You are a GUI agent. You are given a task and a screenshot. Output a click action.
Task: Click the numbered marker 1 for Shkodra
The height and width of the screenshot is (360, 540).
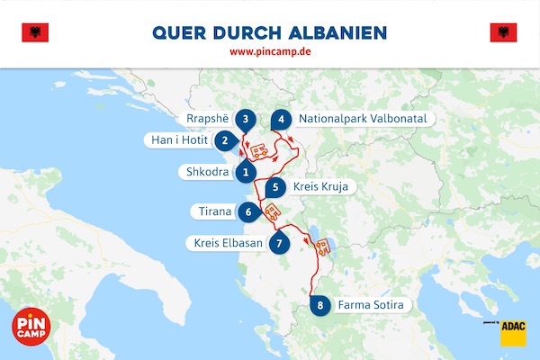pos(245,170)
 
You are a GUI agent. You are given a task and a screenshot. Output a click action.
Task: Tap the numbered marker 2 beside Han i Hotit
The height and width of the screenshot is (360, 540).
pos(225,140)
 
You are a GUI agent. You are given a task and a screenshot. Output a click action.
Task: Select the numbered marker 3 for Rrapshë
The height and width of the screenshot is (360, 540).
pos(245,119)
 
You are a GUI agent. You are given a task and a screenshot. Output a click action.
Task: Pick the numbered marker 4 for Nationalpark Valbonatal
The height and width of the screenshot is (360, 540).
pos(282,119)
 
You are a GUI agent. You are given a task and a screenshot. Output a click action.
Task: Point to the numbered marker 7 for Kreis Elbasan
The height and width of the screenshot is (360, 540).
pos(281,242)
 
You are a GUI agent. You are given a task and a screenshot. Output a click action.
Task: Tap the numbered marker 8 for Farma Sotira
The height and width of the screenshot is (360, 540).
pos(319,304)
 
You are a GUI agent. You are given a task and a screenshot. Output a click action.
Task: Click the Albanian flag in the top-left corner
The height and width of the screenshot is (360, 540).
pos(34,33)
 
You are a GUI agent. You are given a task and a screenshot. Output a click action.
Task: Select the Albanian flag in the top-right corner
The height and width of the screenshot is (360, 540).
pos(503,33)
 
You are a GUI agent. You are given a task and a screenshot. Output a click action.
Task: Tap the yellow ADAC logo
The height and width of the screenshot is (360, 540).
pos(513,329)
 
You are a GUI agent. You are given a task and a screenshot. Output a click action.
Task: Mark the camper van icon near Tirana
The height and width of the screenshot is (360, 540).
pos(270,213)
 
